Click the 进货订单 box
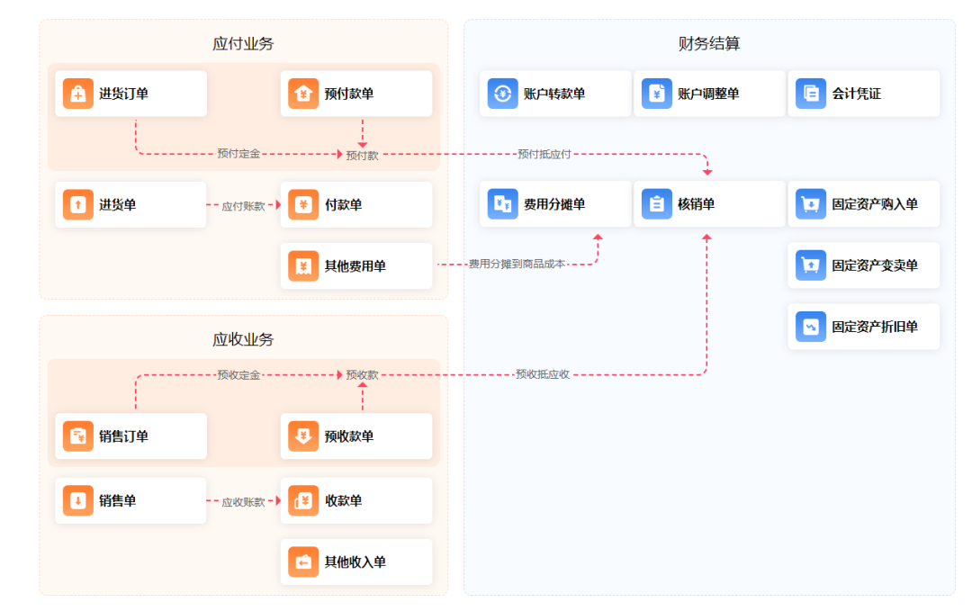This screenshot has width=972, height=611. coord(130,94)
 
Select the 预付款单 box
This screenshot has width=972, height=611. coord(356,94)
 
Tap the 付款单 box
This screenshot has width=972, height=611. coord(356,205)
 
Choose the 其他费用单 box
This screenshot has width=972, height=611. coord(356,266)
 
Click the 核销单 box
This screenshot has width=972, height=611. coord(709,204)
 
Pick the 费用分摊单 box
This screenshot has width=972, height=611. coord(555,204)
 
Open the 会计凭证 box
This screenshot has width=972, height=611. coord(863,94)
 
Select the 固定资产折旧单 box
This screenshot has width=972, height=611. coord(863,327)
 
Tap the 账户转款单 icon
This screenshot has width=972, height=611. coord(503,94)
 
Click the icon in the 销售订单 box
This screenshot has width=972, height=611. coord(78,436)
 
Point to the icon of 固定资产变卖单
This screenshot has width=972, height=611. coord(811,266)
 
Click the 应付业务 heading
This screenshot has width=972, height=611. coord(243,44)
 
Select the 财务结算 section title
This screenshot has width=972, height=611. coord(709,44)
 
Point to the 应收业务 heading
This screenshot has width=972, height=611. coord(243,340)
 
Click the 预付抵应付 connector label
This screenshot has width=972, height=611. coord(544,155)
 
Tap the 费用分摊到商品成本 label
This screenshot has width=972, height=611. coord(517,265)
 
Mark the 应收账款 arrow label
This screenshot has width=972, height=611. coord(243,502)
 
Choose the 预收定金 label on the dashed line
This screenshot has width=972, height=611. coord(238,375)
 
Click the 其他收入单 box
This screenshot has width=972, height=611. coord(356,562)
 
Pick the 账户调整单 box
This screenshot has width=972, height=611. coord(709,94)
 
